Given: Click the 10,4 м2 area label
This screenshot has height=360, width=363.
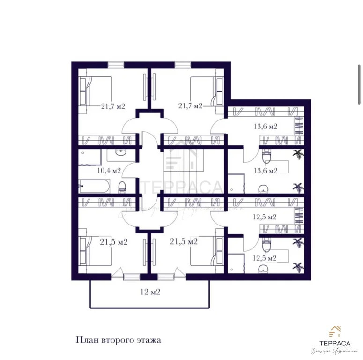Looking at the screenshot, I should [x=109, y=170].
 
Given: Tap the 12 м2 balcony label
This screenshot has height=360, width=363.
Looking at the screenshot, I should [x=150, y=292].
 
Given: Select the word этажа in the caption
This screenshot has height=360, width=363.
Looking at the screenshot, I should [x=147, y=339].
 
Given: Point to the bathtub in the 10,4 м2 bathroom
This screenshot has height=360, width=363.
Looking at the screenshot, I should [x=94, y=186].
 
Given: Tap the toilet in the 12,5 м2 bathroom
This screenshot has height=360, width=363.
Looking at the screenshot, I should [x=267, y=245].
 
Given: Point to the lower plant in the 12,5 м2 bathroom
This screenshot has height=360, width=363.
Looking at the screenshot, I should [x=296, y=267].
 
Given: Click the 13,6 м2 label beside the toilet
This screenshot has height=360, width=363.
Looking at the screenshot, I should [x=265, y=170].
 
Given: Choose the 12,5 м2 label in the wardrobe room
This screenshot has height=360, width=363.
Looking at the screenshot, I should [x=265, y=217].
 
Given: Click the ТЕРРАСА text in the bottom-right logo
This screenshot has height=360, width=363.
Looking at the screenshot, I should [x=335, y=343].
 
